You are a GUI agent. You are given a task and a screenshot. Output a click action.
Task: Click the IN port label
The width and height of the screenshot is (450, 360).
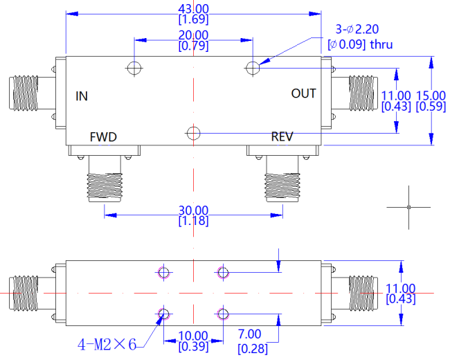click(x=82, y=96)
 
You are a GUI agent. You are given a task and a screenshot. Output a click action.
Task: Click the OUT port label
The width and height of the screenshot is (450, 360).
click(x=304, y=93)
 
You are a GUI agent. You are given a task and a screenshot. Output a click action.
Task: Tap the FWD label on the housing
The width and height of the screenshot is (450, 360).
click(x=103, y=137)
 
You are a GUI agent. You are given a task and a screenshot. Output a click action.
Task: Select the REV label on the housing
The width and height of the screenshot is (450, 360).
click(x=282, y=136)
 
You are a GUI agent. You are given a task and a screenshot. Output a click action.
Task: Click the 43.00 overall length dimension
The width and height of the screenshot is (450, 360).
click(x=193, y=9)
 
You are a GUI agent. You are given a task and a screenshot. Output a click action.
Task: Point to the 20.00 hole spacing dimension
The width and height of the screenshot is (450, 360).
click(x=193, y=35)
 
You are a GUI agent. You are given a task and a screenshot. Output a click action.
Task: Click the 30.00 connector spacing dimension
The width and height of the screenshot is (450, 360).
click(x=193, y=210)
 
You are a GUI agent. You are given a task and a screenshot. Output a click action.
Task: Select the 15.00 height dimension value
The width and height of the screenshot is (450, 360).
click(x=431, y=96)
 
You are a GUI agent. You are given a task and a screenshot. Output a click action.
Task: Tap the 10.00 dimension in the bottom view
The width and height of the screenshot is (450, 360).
click(x=193, y=336)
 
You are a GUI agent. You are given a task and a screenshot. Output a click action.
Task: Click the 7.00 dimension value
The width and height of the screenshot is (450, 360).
click(x=250, y=334)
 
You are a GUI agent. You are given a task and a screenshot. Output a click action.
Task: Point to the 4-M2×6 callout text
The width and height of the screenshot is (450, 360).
click(x=107, y=344)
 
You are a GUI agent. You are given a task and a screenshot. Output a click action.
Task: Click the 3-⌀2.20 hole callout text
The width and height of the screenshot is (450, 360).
click(x=357, y=29)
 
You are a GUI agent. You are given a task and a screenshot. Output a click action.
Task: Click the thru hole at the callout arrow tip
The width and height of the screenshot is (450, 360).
click(x=253, y=68)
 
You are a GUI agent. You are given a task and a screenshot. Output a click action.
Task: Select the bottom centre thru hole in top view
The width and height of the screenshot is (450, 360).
click(x=193, y=133)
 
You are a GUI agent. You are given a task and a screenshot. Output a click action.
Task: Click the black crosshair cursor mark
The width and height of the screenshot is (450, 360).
click(x=408, y=207)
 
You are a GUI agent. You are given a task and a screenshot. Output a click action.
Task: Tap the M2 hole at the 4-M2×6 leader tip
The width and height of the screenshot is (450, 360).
click(x=163, y=314)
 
